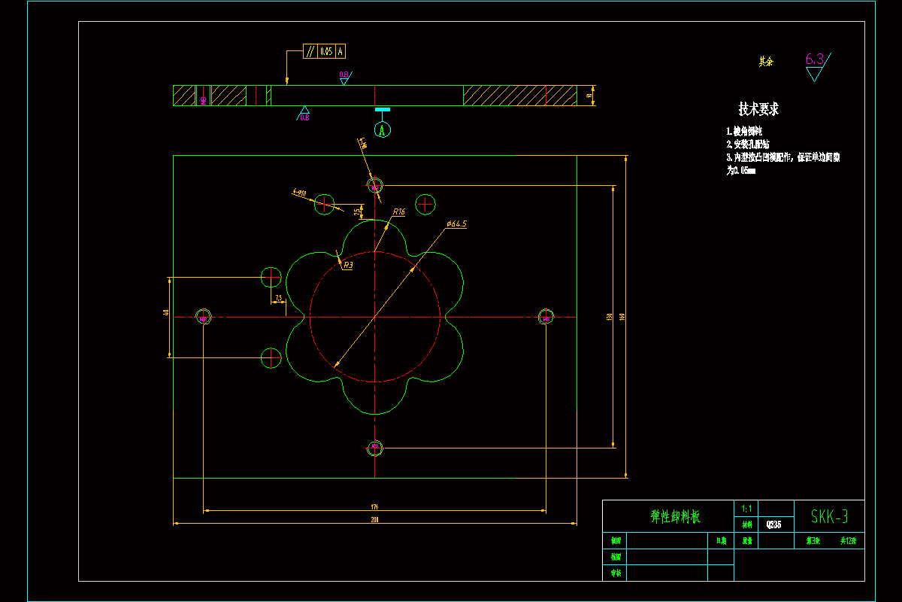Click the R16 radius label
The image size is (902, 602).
pyautogui.click(x=398, y=212)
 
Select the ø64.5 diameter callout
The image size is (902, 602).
pyautogui.click(x=456, y=223)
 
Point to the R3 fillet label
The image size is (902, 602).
pyautogui.click(x=347, y=265)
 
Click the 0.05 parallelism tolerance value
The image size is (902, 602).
pyautogui.click(x=326, y=51)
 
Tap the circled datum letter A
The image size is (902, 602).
pyautogui.click(x=383, y=130)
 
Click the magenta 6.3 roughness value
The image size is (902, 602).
pyautogui.click(x=815, y=60)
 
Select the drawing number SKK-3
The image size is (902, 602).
pyautogui.click(x=830, y=516)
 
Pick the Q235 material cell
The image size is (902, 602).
pyautogui.click(x=773, y=524)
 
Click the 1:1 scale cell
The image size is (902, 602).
pyautogui.click(x=745, y=509)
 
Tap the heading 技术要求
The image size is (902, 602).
pyautogui.click(x=758, y=109)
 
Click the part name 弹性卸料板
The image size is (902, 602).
pyautogui.click(x=675, y=517)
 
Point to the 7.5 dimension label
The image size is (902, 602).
pyautogui.click(x=278, y=298)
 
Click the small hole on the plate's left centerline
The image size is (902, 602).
pyautogui.click(x=204, y=318)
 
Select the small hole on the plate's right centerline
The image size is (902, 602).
pyautogui.click(x=546, y=318)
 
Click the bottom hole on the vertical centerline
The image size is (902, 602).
pyautogui.click(x=374, y=448)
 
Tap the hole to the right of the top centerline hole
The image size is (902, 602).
pyautogui.click(x=425, y=203)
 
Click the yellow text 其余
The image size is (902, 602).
pyautogui.click(x=766, y=62)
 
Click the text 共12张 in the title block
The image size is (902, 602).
pyautogui.click(x=849, y=540)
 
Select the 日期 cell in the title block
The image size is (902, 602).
pyautogui.click(x=721, y=540)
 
